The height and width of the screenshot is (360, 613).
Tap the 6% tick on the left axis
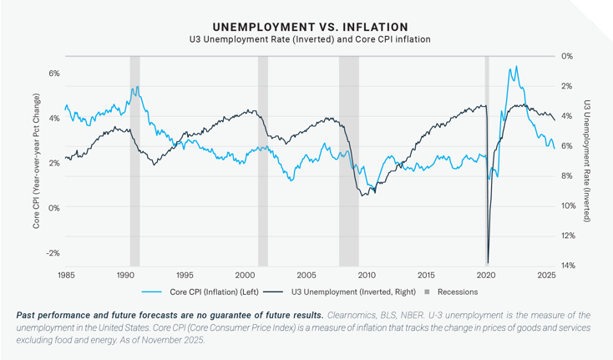[53, 74]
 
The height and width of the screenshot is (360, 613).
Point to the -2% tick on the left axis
[53, 253]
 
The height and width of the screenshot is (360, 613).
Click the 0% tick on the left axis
[53, 208]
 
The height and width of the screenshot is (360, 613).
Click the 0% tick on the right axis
[566, 56]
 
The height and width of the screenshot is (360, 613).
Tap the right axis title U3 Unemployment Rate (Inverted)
[587, 161]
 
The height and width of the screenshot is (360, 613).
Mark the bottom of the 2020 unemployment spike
[488, 261]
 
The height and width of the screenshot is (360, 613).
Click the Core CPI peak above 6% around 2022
[516, 67]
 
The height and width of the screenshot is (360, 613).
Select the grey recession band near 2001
[262, 159]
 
